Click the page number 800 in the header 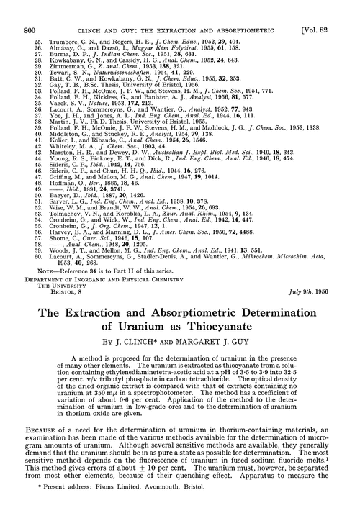coord(30,10)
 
